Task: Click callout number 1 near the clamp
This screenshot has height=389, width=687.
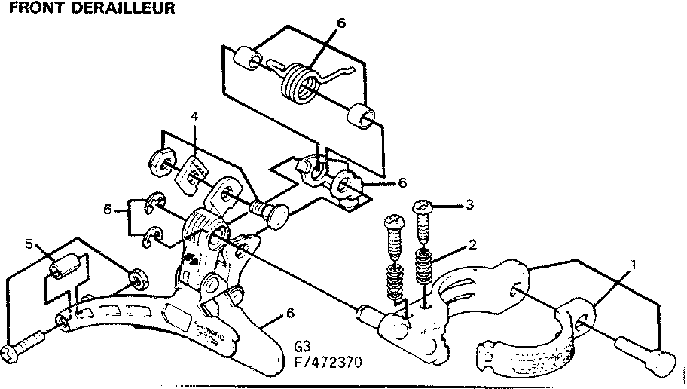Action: (x=634, y=265)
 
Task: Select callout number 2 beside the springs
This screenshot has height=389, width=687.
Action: (x=472, y=244)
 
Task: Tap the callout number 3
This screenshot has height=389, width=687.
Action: (x=469, y=204)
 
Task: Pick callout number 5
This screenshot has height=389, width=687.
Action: (x=29, y=244)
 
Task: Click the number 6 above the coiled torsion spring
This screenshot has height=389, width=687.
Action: (x=341, y=23)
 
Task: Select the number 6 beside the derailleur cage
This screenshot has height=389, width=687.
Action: (x=290, y=314)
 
